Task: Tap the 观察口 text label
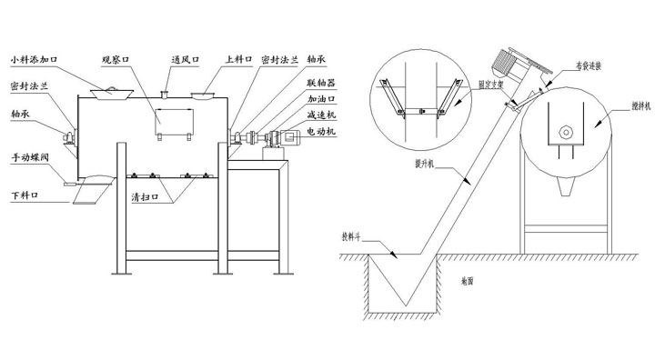click(117, 61)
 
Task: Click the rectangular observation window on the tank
click(176, 122)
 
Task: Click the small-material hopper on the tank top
click(112, 91)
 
